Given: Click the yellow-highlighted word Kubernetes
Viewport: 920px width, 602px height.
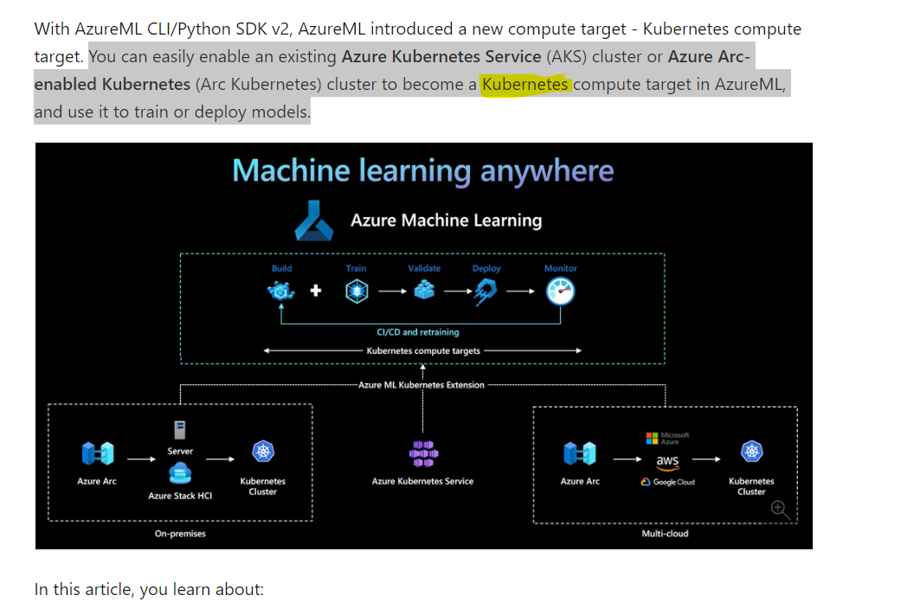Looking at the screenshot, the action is coord(525,85).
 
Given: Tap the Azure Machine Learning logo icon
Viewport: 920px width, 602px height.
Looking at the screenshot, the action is coord(314,221).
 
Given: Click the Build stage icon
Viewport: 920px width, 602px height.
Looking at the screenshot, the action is coord(280,291).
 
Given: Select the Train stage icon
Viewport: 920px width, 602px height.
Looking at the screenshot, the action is coord(357,291).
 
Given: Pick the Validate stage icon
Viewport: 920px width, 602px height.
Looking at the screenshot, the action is coord(424,290).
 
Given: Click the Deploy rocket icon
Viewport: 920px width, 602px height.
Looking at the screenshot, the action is coord(486,291).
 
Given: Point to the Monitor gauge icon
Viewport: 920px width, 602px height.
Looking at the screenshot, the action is coord(560,291).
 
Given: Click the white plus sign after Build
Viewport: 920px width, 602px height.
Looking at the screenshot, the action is coord(316,290).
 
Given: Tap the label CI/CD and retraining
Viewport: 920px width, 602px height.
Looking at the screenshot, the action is coord(418,332).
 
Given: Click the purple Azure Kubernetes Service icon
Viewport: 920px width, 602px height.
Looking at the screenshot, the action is coord(423,454).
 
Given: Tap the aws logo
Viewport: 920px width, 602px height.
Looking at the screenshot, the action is coord(667,463).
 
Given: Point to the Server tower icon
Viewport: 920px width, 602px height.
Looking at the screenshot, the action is coord(180,430).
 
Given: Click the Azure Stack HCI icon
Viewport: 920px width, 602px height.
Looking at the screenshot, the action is coord(180,473).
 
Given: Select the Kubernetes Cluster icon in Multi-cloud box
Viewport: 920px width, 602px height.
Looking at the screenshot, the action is coord(751,451).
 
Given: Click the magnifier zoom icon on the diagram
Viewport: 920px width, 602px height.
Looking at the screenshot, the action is coord(781,510).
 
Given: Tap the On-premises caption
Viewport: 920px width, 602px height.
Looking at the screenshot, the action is coord(180,534).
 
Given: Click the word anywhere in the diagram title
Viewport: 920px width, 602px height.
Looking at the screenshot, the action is coord(547,171).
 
